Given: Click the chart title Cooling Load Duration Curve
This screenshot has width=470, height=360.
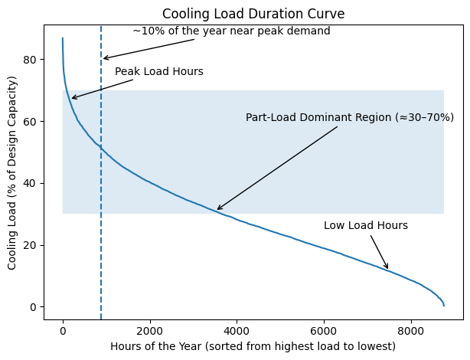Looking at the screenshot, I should pos(254,13).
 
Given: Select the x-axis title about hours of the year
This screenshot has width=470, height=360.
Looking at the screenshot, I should pos(253,346).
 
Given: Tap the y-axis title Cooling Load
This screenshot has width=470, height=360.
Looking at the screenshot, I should pos(12,172).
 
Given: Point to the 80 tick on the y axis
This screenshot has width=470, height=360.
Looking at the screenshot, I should pos(31,60).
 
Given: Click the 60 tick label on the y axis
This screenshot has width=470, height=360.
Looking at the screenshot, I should pos(31,122).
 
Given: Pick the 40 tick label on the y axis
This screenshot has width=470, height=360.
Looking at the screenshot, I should pos(31,184).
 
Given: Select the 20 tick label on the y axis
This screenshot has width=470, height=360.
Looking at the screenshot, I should pos(31,245).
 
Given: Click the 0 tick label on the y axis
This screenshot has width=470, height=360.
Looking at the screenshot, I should pos(34,307).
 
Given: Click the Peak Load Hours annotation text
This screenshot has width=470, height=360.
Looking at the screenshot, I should pos(158,72).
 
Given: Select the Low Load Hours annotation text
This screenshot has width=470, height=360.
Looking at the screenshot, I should pos(365,226).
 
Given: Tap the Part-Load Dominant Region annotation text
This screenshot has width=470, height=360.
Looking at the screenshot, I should pos(349,118).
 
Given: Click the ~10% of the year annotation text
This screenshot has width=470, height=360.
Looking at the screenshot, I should pos(231,31).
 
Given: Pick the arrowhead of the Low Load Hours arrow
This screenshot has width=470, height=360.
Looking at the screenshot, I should pos(388,269).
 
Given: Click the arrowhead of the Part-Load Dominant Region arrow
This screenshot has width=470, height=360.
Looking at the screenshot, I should pos(217,209).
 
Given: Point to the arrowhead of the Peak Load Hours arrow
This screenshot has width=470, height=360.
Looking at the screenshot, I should pos(71,99).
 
